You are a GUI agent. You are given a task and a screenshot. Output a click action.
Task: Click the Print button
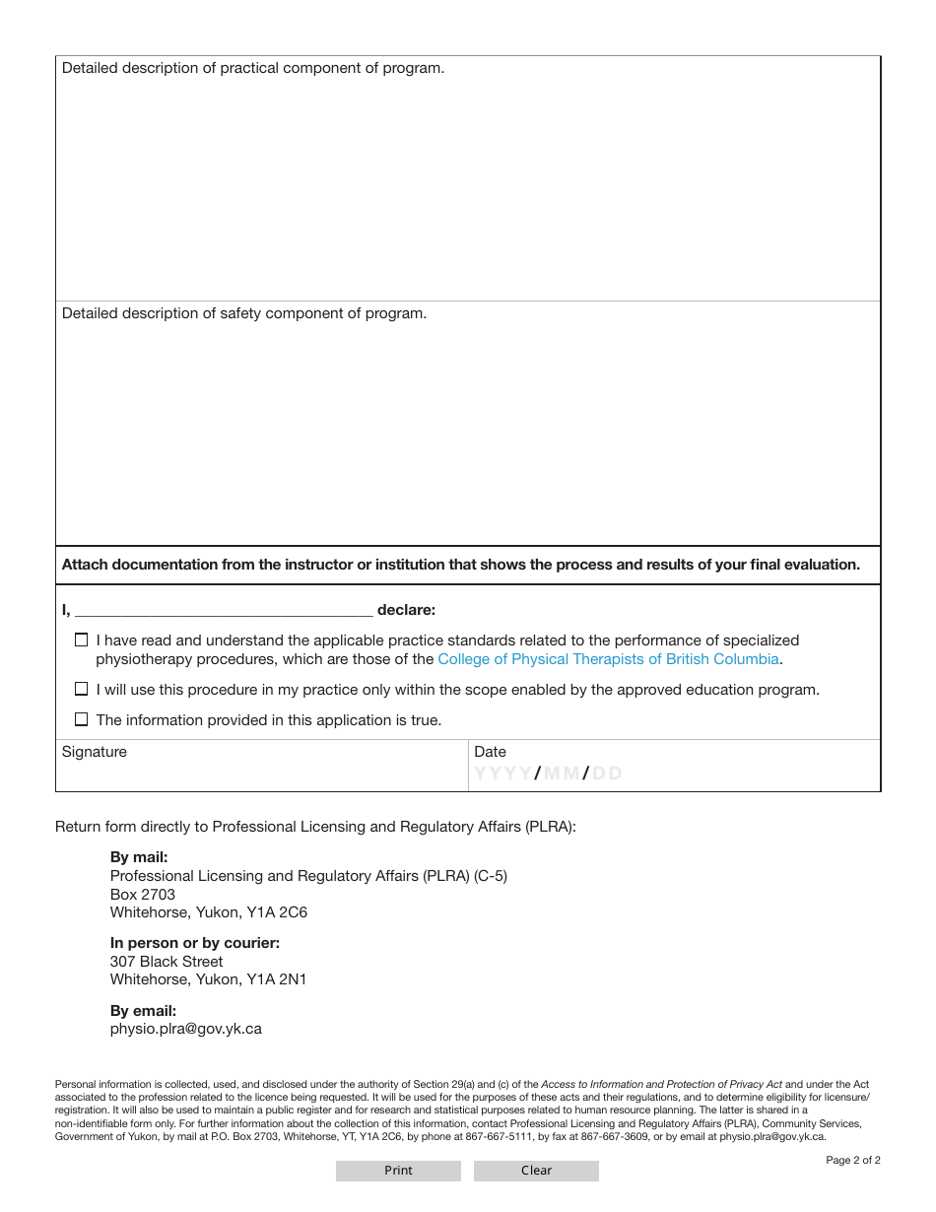pos(398,1171)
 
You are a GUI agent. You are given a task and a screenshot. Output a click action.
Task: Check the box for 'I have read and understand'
pos(82,640)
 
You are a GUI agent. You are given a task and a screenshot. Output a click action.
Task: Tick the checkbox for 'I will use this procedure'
pos(82,690)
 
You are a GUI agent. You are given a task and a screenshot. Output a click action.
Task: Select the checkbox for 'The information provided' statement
pos(82,719)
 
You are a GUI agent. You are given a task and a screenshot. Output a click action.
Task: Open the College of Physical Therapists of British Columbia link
pos(608,659)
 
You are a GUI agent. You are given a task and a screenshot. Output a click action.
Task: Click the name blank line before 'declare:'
pos(224,610)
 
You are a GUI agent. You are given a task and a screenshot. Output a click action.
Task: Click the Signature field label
pos(95,752)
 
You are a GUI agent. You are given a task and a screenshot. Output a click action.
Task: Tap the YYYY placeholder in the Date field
pos(503,774)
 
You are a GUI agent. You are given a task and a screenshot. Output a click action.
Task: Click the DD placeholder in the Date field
pos(607,774)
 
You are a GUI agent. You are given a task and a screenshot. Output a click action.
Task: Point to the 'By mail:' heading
pos(139,857)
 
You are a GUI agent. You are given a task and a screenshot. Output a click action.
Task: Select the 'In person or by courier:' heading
pos(195,943)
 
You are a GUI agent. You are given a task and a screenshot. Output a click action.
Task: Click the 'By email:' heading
pos(143,1011)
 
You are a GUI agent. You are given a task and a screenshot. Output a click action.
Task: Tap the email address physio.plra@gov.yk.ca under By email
pos(186,1029)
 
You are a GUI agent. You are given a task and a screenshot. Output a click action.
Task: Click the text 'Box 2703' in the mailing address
pos(143,895)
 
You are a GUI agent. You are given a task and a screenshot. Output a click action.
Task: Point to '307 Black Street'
pos(167,962)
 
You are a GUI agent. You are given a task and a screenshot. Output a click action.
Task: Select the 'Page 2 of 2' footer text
pos(852,1160)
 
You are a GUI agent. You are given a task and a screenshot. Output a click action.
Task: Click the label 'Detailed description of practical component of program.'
pos(253,69)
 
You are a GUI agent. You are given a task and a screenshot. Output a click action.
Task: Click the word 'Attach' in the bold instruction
pos(85,565)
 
